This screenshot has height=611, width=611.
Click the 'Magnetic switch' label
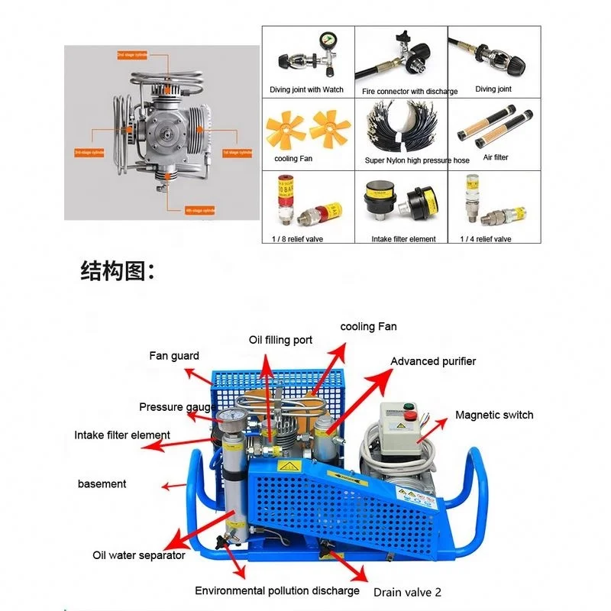494,415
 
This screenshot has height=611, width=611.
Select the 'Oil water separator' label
139,555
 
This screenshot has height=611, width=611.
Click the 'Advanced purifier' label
433,361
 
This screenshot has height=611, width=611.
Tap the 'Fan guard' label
174,356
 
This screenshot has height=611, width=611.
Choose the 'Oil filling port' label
281,340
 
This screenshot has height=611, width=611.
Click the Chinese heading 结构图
118,271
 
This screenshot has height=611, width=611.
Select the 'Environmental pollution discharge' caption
276,590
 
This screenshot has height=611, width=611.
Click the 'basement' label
102,483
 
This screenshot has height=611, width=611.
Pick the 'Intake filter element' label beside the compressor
122,435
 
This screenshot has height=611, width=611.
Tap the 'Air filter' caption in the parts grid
496,157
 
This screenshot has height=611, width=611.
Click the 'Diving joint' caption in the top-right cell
493,89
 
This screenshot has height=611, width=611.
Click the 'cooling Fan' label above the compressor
368,326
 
